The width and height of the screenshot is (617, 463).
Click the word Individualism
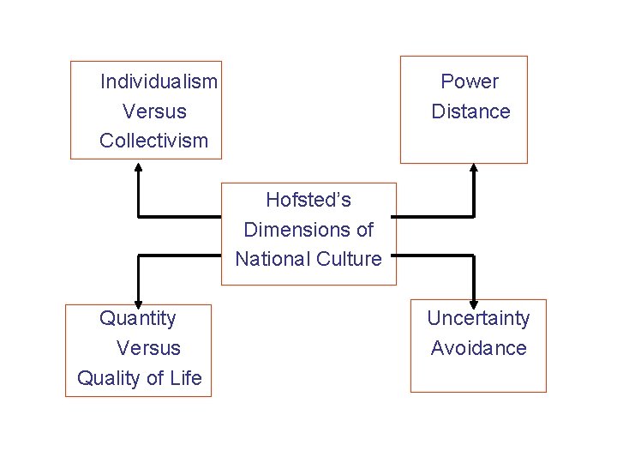point(159,81)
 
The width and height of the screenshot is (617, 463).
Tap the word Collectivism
point(154,141)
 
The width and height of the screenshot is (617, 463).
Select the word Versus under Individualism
point(154,111)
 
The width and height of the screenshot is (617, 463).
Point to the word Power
point(470,81)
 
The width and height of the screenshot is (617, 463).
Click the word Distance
point(470,111)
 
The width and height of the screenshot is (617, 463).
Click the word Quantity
point(138,318)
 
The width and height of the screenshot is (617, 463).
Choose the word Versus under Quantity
point(148,348)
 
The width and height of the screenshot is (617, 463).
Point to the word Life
point(184,378)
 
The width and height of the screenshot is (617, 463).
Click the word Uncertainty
point(478,318)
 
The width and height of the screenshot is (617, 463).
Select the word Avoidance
point(478,348)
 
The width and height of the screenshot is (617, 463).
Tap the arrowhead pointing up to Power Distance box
point(474,169)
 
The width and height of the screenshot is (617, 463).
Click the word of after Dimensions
point(364,230)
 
